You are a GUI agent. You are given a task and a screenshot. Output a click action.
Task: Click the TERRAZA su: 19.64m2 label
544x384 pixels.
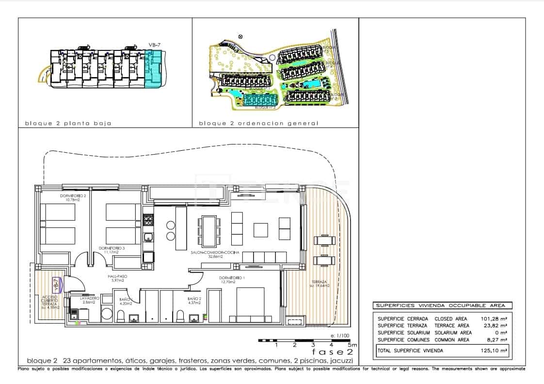tap(320, 284)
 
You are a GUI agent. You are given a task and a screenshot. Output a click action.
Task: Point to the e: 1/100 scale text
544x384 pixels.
tap(339, 336)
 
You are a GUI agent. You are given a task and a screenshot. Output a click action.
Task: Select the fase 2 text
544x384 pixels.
tap(333, 352)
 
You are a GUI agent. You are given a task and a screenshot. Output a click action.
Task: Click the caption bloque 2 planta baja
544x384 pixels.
tap(68, 123)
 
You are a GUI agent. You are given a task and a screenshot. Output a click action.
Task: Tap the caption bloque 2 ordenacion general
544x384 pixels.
tap(258, 123)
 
